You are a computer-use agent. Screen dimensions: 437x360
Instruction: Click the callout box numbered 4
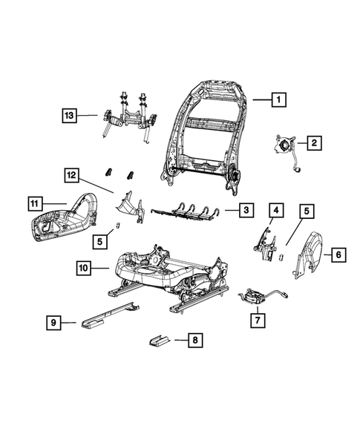point(275,211)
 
